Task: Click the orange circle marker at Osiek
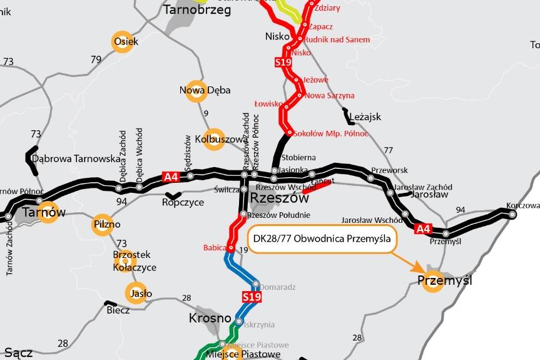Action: pyautogui.click(x=122, y=41)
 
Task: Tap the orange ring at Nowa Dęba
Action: pyautogui.click(x=197, y=93)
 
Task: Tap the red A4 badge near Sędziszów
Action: pyautogui.click(x=171, y=177)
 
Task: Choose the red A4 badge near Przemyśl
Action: pyautogui.click(x=424, y=229)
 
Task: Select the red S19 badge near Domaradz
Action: pyautogui.click(x=252, y=296)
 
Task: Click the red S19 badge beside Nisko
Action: pyautogui.click(x=283, y=62)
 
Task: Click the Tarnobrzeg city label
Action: pyautogui.click(x=196, y=10)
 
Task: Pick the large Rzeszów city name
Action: pyautogui.click(x=280, y=198)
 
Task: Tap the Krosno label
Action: pyautogui.click(x=210, y=318)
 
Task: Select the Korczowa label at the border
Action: pyautogui.click(x=522, y=205)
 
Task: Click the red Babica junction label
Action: pyautogui.click(x=214, y=248)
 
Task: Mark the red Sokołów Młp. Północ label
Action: pyautogui.click(x=331, y=134)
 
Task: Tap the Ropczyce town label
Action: pyautogui.click(x=183, y=202)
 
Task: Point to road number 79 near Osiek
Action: pyautogui.click(x=96, y=59)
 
